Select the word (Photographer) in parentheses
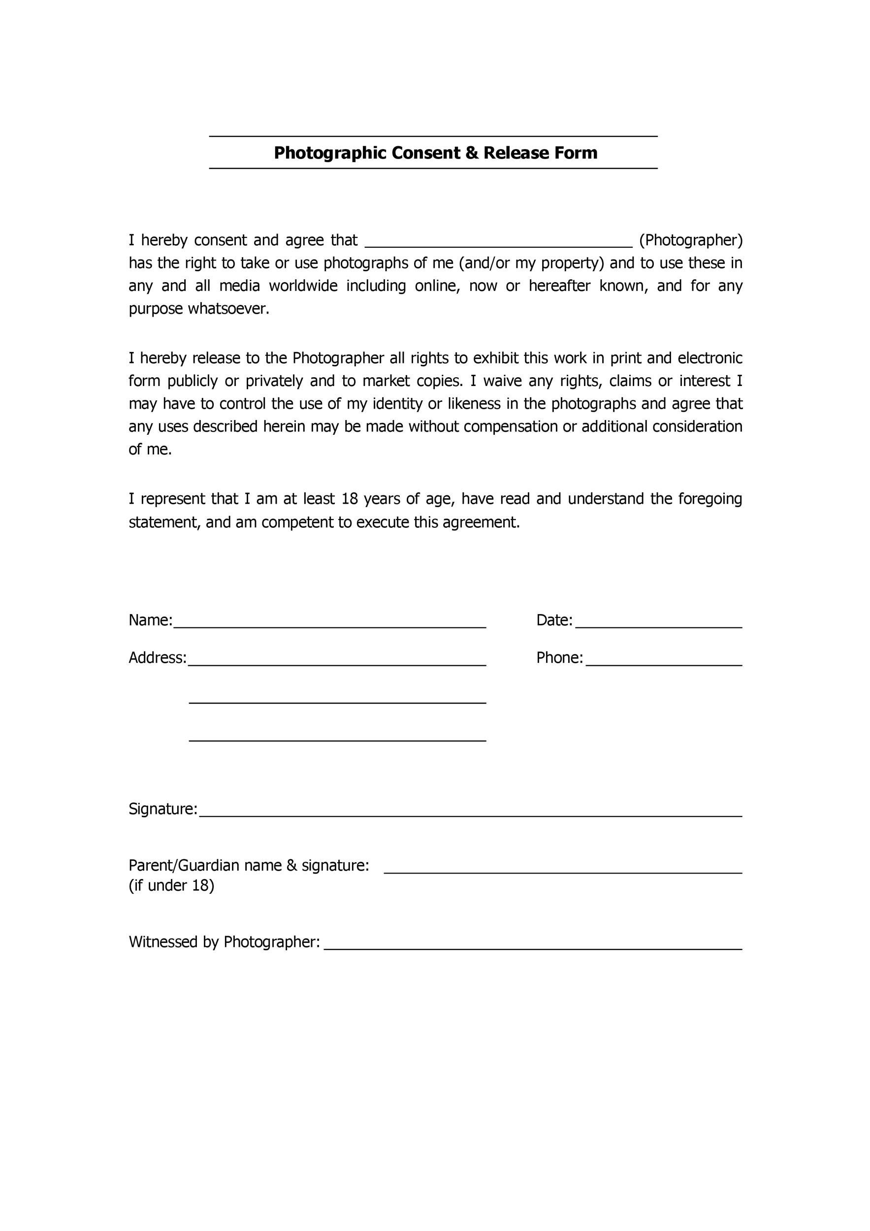coord(691,240)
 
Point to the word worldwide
coord(303,286)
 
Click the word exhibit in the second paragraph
coord(496,358)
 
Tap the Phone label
coord(559,658)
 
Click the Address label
coord(157,658)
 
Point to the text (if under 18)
coord(171,886)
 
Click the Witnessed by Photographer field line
coord(533,947)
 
